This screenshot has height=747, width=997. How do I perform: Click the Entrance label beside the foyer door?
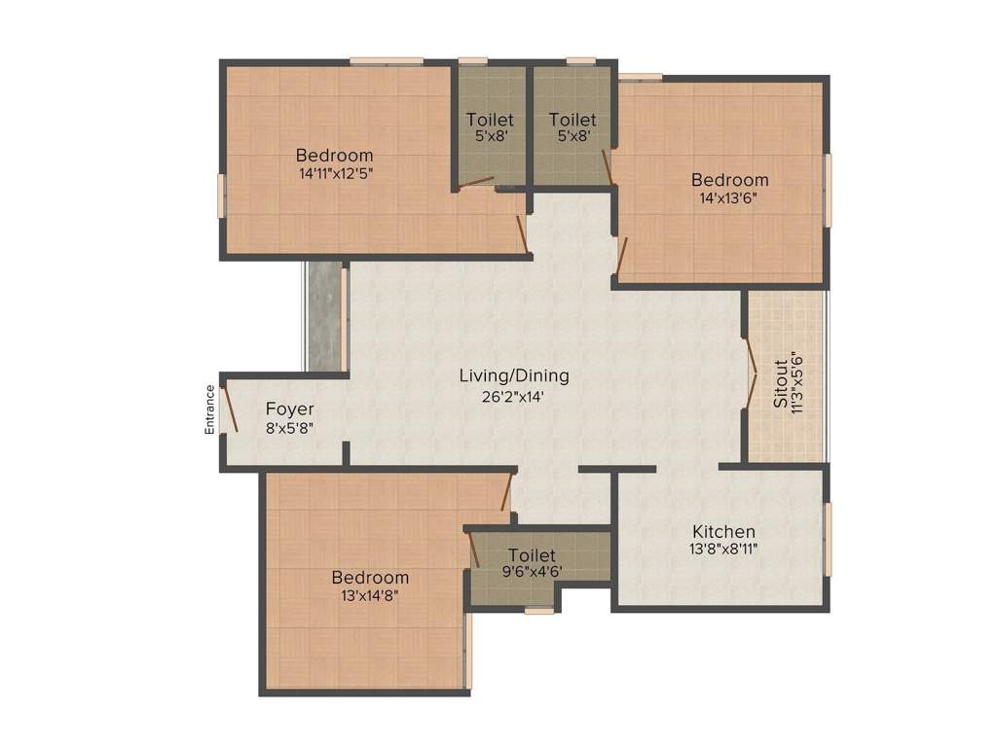[209, 409]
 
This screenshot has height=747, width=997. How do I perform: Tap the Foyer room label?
[290, 409]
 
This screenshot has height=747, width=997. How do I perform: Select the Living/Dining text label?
[514, 375]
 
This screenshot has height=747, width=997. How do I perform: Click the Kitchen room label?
[723, 531]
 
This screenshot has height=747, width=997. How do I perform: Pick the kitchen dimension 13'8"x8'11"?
[725, 549]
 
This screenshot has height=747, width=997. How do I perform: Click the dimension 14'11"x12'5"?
[336, 173]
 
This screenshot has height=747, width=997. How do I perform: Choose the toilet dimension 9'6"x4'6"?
[532, 572]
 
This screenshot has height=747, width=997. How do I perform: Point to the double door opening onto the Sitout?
[751, 376]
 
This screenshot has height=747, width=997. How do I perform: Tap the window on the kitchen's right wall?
[829, 538]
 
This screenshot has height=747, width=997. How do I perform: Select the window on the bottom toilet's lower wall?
[538, 611]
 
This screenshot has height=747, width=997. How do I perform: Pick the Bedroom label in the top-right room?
[729, 180]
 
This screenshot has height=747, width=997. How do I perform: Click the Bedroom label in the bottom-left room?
[369, 577]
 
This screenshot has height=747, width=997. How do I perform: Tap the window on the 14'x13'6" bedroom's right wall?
[829, 190]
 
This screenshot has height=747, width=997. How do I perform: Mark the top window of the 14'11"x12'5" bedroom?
[387, 61]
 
